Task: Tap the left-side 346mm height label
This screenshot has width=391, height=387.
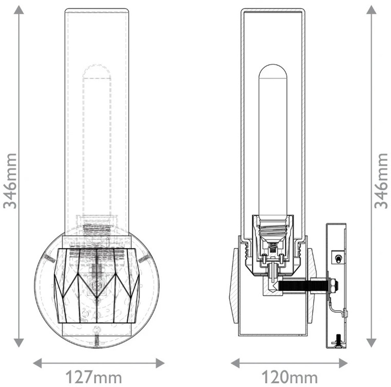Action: click(x=10, y=181)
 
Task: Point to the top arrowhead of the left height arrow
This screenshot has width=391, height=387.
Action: click(x=19, y=10)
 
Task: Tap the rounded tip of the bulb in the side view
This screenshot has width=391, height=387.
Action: click(x=273, y=72)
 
